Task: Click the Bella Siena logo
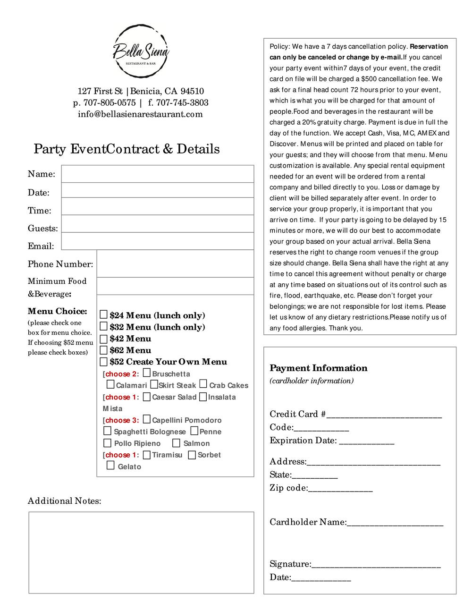[141, 51]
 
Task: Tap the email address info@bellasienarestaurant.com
[140, 114]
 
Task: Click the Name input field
[158, 174]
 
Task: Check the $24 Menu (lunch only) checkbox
[104, 315]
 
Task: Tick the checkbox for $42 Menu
[104, 338]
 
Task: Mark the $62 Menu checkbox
[104, 350]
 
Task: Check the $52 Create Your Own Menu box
[104, 362]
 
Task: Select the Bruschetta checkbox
[147, 373]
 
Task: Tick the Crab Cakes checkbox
[203, 384]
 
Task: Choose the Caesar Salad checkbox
[147, 397]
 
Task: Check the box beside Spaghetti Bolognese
[108, 431]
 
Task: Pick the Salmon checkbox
[176, 443]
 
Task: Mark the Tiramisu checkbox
[147, 455]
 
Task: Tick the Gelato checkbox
[110, 466]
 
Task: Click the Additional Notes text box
[141, 552]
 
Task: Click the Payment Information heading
[319, 368]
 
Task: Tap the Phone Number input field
[175, 263]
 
